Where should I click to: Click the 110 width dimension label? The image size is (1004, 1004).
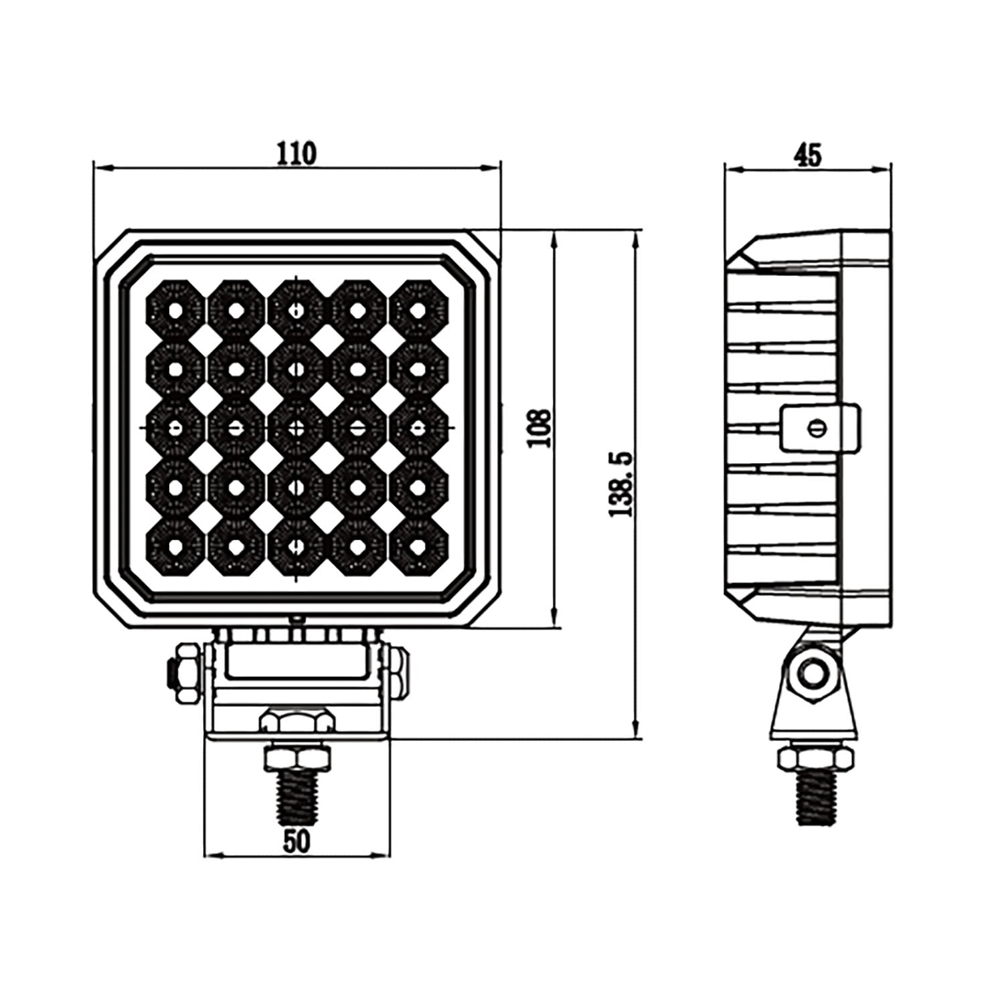tap(296, 154)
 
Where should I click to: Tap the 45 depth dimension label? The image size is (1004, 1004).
tap(807, 155)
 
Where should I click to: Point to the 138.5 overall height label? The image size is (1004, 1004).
tap(620, 484)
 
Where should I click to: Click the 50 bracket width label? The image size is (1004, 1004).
tap(296, 841)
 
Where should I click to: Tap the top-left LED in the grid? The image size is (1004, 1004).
tap(175, 310)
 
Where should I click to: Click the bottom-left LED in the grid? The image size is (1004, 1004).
tap(175, 547)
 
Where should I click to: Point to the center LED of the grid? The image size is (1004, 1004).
tap(296, 428)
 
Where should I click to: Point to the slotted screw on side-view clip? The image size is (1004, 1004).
tap(815, 428)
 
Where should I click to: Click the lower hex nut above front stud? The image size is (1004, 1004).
tap(296, 758)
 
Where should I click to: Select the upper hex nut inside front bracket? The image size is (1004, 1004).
tap(296, 722)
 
